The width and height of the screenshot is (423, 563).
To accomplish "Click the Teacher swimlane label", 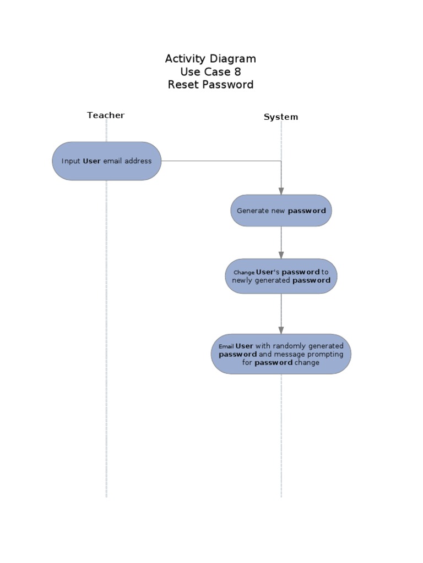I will click(x=106, y=115).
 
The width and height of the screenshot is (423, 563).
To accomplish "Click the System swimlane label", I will click(x=281, y=117).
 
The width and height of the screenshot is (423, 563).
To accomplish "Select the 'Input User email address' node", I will click(x=107, y=161).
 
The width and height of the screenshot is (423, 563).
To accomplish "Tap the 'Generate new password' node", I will click(x=281, y=211).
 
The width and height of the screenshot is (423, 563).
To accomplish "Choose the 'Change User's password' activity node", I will click(x=281, y=276).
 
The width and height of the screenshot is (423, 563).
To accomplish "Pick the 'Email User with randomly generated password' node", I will click(x=281, y=354).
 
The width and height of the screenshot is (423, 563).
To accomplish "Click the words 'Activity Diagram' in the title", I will click(x=210, y=59).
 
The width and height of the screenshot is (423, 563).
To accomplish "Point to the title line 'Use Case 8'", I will click(x=210, y=72).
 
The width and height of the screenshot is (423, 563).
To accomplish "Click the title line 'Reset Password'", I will click(x=210, y=85).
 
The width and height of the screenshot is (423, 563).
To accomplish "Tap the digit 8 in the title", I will click(x=237, y=72).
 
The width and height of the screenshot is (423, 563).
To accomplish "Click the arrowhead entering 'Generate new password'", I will click(x=281, y=191).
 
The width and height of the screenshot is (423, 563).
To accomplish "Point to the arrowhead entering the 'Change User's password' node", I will click(x=281, y=255).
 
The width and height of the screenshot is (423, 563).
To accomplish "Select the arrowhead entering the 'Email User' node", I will click(x=281, y=330).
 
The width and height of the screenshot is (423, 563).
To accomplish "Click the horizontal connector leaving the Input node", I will click(x=220, y=161).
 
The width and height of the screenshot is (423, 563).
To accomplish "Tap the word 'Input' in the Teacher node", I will click(x=70, y=161).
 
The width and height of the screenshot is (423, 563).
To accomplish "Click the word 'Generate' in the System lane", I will click(x=253, y=211).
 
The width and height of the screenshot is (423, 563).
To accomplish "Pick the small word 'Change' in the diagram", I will click(x=244, y=272).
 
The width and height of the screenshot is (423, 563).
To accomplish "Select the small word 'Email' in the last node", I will click(x=226, y=347).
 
